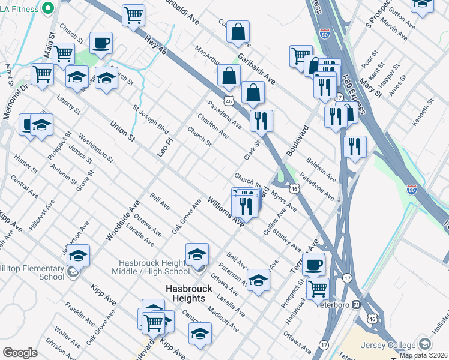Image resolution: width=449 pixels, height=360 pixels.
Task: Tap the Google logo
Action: click(x=20, y=353)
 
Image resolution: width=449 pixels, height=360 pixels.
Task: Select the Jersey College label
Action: click(x=388, y=345)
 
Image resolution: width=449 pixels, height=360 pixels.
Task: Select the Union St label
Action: click(x=122, y=131)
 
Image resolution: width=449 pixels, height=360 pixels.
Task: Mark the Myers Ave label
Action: click(x=283, y=200)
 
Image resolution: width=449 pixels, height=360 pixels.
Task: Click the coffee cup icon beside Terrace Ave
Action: click(x=313, y=265)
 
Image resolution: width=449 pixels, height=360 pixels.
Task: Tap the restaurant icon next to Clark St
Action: click(x=261, y=121)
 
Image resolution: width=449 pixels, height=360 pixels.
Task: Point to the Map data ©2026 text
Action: click(x=424, y=355)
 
